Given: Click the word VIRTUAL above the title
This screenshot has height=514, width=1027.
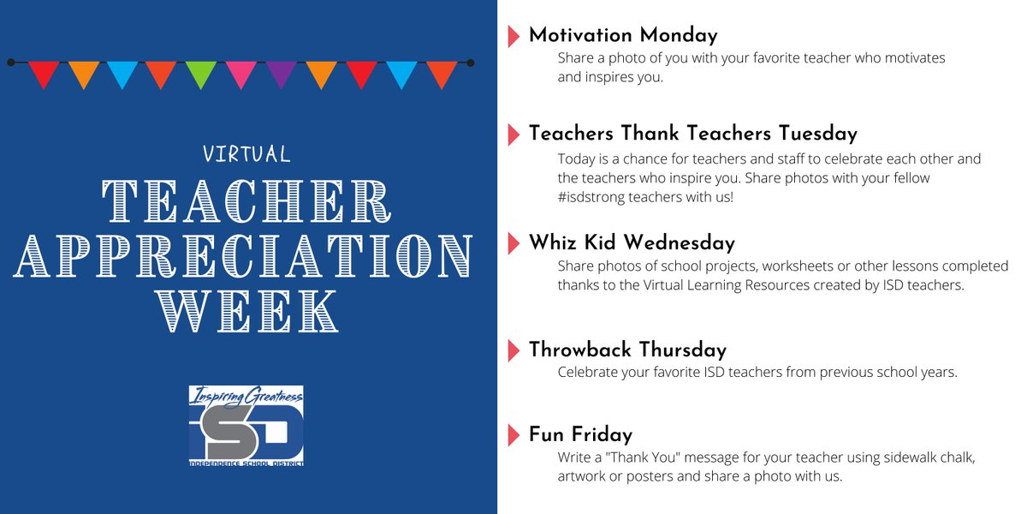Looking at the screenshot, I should (x=247, y=154).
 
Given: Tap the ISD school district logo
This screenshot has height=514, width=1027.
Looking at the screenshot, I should (x=246, y=425).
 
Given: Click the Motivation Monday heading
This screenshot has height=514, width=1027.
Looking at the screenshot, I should (x=623, y=35).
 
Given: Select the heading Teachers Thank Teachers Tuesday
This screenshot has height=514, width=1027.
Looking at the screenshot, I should (x=692, y=134).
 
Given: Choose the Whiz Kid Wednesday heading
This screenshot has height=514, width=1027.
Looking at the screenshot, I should (x=632, y=242).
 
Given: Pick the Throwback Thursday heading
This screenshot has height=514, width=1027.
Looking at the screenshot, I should (x=627, y=350).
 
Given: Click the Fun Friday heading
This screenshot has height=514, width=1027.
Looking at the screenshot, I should (x=580, y=433).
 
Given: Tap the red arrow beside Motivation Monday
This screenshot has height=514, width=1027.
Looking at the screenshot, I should (x=514, y=36).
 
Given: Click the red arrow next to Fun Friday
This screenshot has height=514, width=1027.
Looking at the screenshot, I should (x=514, y=434).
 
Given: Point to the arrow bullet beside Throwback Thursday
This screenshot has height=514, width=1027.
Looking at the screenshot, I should (x=514, y=350).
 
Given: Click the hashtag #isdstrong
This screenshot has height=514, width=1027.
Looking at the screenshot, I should (x=599, y=196).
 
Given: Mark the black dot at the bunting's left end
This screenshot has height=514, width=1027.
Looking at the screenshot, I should (x=11, y=62).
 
